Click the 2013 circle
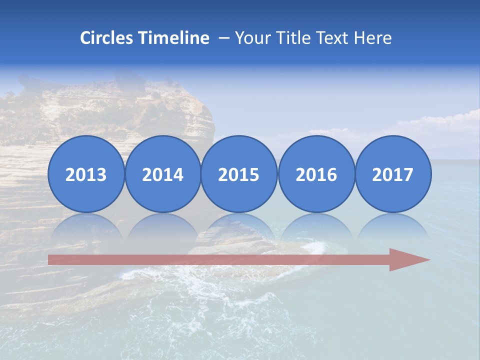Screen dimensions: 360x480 click(x=86, y=174)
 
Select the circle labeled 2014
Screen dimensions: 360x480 click(x=162, y=174)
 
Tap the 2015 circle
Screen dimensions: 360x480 click(x=239, y=174)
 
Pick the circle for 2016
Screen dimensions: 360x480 click(x=316, y=174)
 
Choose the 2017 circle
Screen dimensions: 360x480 click(x=393, y=174)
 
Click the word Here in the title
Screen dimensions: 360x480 click(x=373, y=38)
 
